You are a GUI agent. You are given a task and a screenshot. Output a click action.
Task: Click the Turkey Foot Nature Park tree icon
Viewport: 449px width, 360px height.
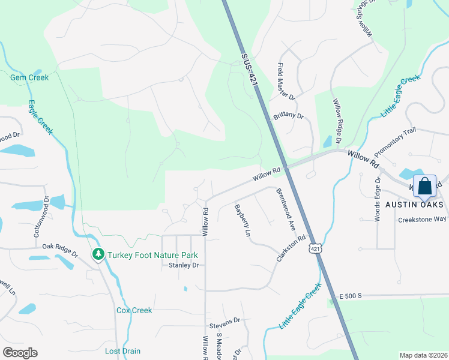pos(98,254)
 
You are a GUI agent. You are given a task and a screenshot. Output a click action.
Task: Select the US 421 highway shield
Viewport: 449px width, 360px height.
pos(316,248)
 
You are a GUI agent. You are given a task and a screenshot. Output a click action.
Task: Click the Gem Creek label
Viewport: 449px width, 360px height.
pos(29,77)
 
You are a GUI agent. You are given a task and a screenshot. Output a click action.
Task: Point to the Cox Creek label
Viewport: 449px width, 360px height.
pos(134,310)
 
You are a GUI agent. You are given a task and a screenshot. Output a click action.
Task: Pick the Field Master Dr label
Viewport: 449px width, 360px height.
pos(286,82)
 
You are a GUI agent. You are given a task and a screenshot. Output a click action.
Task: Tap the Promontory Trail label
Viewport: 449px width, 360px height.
pos(394,144)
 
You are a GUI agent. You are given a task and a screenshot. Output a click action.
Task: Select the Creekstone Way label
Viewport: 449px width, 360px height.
pos(422,220)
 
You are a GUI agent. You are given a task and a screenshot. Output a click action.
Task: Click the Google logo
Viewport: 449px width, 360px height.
pos(20,353)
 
